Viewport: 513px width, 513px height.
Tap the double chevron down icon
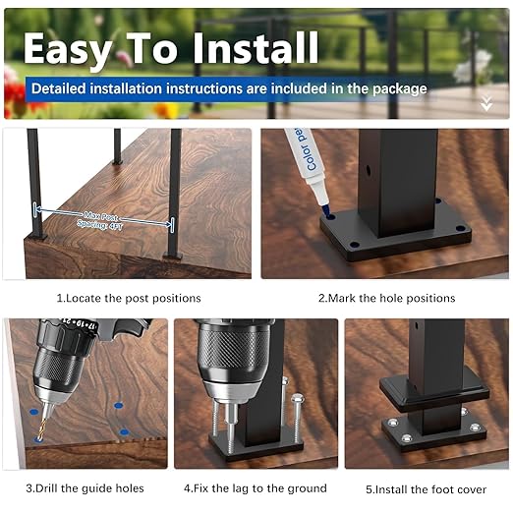(x=485, y=102)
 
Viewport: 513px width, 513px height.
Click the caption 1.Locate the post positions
(x=128, y=298)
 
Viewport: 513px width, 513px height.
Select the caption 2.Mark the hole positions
(x=386, y=298)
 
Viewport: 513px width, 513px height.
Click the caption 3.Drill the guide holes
(x=85, y=487)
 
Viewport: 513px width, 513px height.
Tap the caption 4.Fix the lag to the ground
(x=256, y=487)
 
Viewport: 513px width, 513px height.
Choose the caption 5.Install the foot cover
(x=424, y=487)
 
